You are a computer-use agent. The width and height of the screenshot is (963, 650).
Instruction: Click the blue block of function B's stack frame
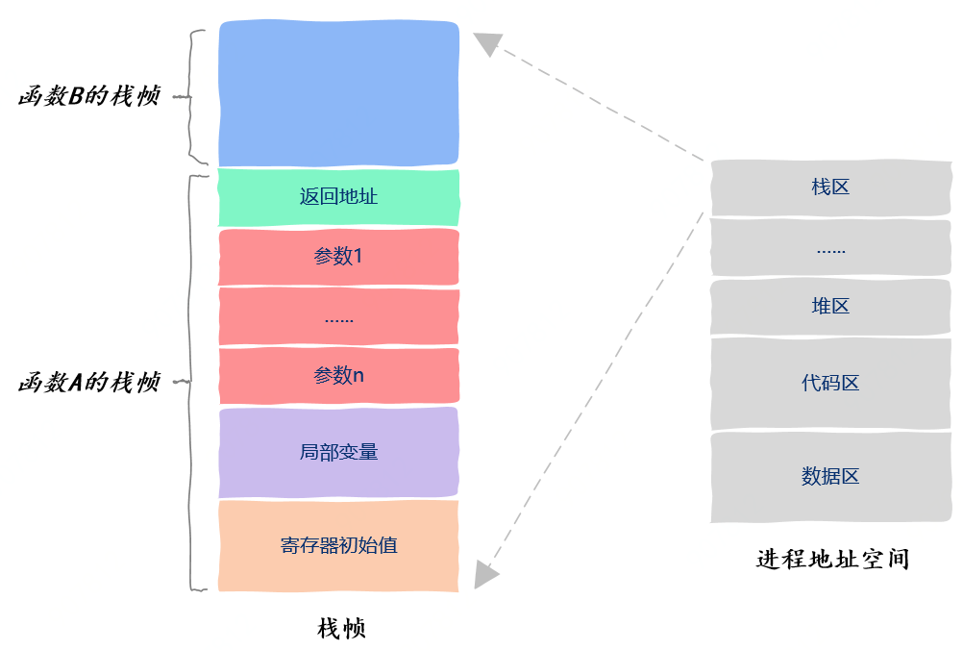tap(338, 93)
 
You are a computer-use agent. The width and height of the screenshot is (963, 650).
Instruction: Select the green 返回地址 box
tap(338, 198)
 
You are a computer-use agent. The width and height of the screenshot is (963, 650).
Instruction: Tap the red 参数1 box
tap(338, 257)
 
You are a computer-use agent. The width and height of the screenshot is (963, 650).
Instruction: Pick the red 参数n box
tap(338, 376)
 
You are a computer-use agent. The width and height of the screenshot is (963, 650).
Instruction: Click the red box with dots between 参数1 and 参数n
tap(338, 316)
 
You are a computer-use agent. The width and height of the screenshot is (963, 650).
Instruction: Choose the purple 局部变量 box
tap(338, 452)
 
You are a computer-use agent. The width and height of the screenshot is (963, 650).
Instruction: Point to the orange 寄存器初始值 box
tap(338, 545)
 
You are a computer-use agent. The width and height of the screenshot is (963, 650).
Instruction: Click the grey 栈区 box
tap(830, 187)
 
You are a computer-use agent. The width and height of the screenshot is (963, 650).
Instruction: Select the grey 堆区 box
tap(830, 307)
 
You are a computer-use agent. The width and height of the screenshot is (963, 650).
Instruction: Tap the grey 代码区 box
tap(830, 384)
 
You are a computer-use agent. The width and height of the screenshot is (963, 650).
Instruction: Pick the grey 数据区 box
tap(830, 476)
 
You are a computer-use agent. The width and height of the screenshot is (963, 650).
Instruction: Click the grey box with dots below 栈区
tap(830, 248)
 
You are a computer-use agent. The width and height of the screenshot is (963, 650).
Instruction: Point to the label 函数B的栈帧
tap(88, 97)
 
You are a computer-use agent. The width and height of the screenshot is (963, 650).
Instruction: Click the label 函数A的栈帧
tap(88, 383)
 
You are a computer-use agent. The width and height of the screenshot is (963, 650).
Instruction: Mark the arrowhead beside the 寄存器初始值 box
tap(486, 575)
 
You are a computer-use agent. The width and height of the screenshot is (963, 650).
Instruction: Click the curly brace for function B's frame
tap(195, 97)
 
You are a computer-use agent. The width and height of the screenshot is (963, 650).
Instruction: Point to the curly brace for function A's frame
tap(195, 382)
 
